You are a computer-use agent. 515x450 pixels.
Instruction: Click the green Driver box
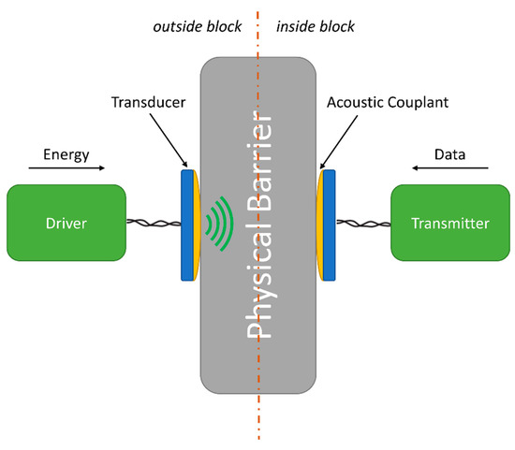tap(66, 223)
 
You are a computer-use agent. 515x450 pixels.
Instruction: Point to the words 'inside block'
tap(316, 27)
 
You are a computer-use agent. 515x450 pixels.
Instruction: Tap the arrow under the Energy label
tap(66, 168)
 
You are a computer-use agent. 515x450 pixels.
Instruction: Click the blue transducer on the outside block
tap(187, 225)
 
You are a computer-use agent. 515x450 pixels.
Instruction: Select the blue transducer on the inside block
tap(329, 225)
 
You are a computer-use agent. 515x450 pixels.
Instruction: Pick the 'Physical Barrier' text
tap(259, 225)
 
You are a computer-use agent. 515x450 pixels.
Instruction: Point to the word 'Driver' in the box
tap(66, 224)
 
